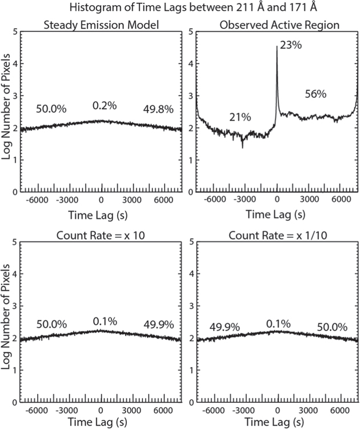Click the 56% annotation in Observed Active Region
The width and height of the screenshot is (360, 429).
(315, 94)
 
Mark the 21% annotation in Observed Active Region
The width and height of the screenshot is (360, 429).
(240, 117)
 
